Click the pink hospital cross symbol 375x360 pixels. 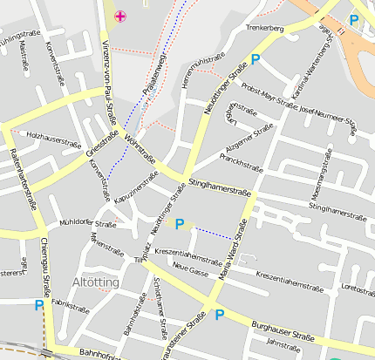(x=120, y=16)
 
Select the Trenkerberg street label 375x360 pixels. (x=266, y=29)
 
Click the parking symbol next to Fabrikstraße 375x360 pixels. (x=38, y=305)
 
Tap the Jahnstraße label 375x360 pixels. (x=283, y=345)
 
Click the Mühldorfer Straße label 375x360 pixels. (x=87, y=224)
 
